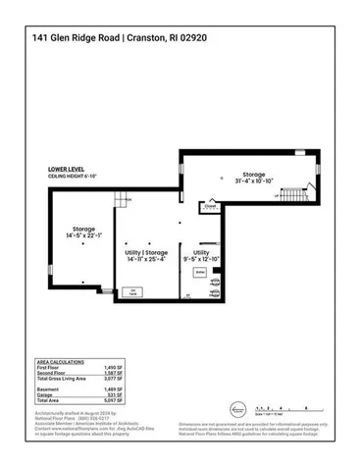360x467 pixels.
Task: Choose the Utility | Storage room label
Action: coord(148,256)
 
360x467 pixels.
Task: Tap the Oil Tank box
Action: coord(129,290)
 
